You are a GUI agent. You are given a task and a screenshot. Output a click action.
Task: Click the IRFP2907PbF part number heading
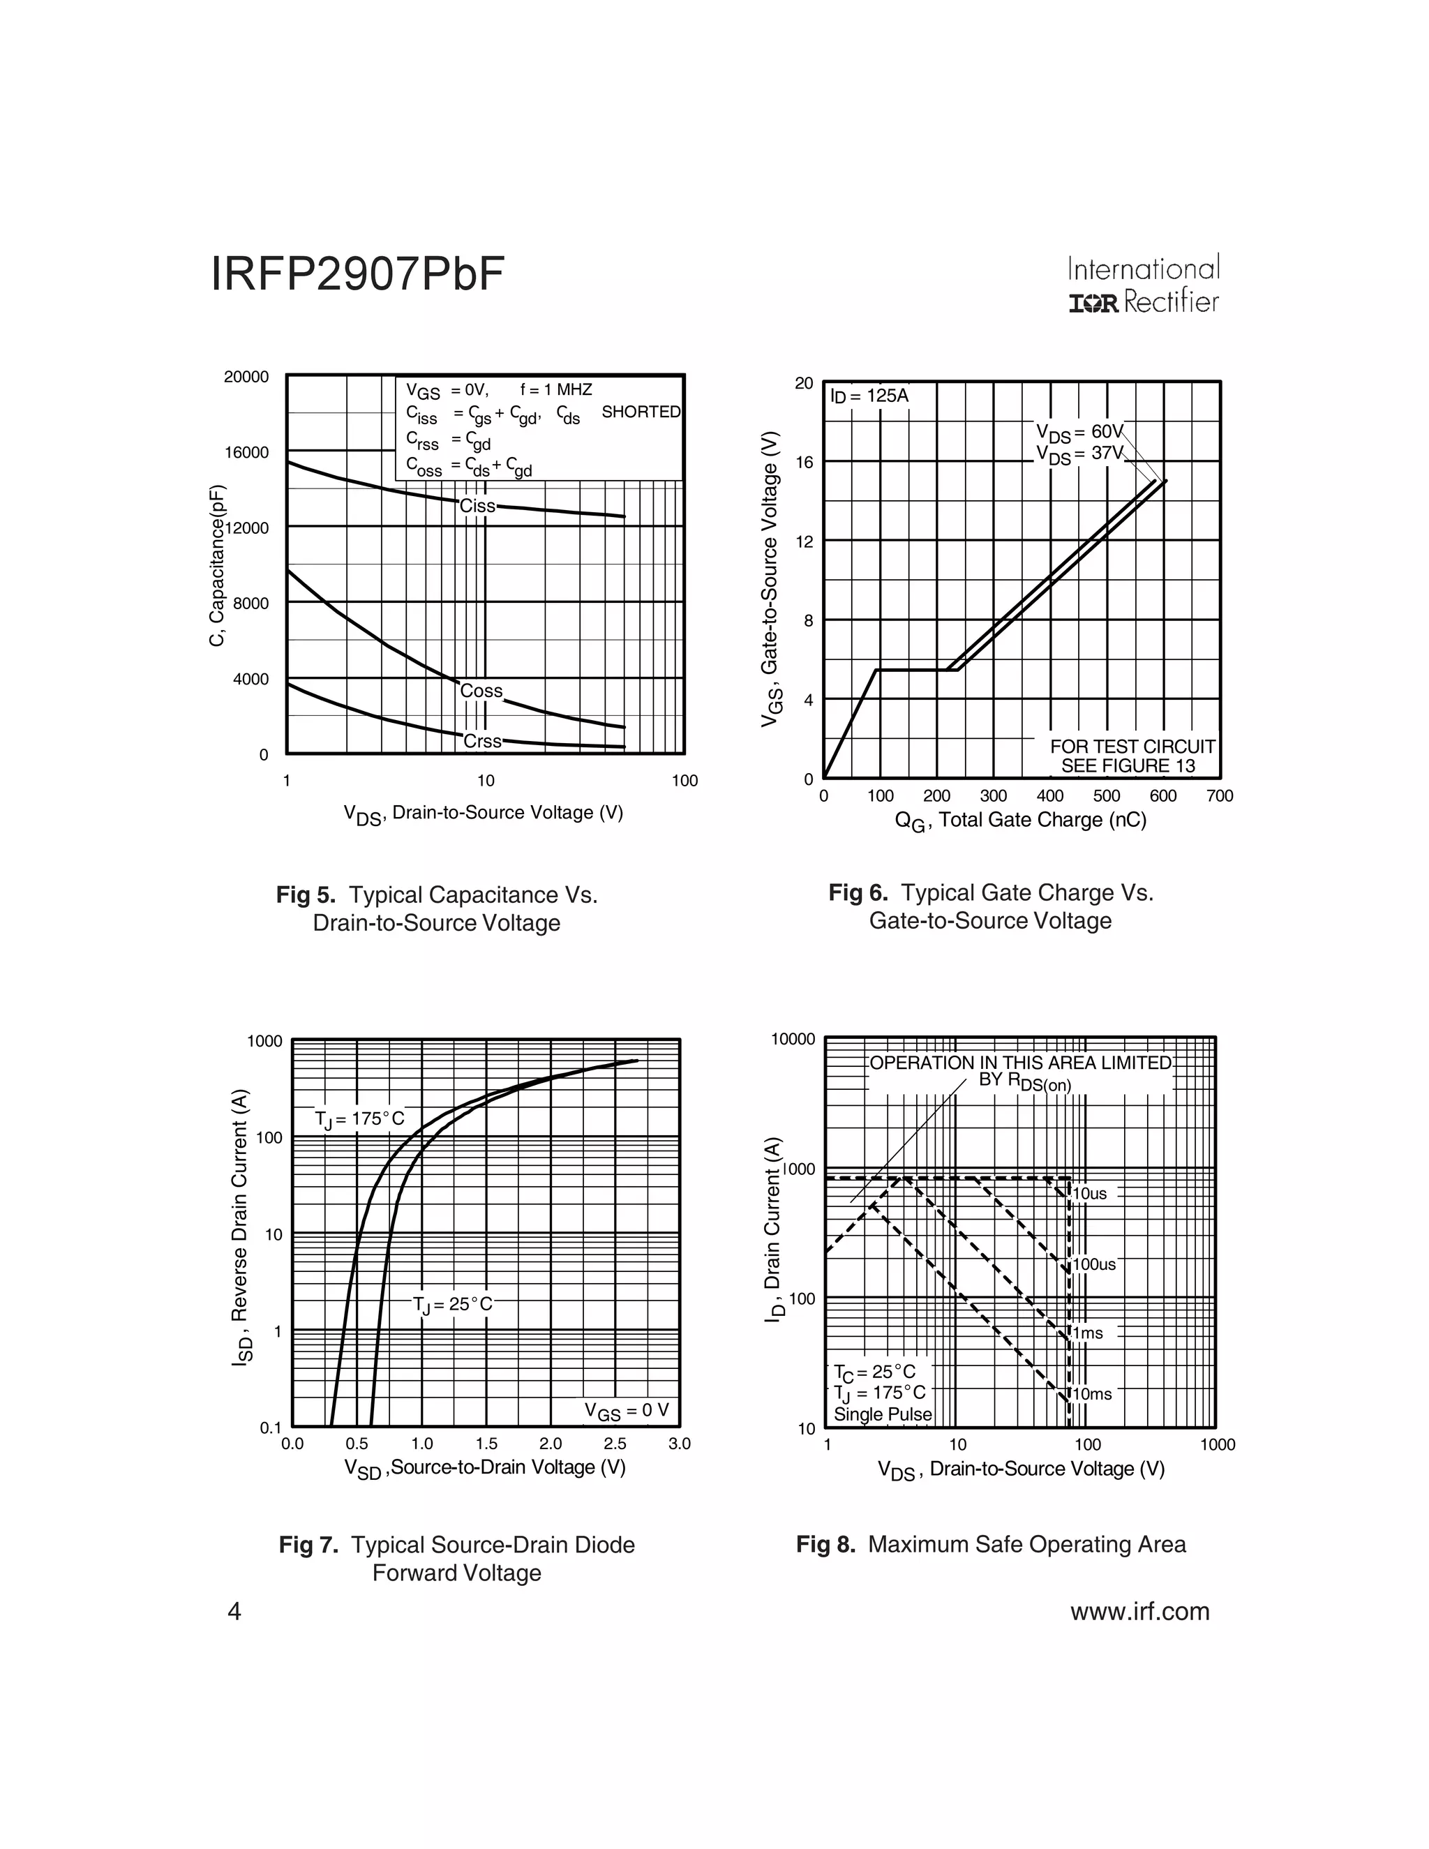point(357,275)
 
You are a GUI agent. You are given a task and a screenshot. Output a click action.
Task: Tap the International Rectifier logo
point(1143,285)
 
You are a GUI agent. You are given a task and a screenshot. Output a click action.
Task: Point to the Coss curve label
point(481,691)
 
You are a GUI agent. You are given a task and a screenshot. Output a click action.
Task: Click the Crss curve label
point(483,741)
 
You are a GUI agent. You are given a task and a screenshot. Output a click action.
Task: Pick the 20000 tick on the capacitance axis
point(246,377)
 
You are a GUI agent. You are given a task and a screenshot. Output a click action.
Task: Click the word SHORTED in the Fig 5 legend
point(641,412)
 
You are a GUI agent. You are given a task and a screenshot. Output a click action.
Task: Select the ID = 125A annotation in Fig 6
point(869,396)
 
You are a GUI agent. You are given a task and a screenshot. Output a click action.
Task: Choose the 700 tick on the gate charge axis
point(1220,796)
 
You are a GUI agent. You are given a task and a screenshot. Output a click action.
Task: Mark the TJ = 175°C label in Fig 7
point(360,1119)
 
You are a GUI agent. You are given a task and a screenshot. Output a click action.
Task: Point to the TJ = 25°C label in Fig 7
point(452,1305)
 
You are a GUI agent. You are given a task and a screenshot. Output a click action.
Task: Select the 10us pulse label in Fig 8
point(1091,1195)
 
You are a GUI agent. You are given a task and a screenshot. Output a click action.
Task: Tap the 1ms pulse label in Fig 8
point(1088,1333)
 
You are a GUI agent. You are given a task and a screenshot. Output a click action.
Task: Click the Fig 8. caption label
point(825,1544)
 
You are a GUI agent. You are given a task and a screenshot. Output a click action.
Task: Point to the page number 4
point(234,1611)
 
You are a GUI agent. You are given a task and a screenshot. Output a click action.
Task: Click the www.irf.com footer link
point(1139,1611)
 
